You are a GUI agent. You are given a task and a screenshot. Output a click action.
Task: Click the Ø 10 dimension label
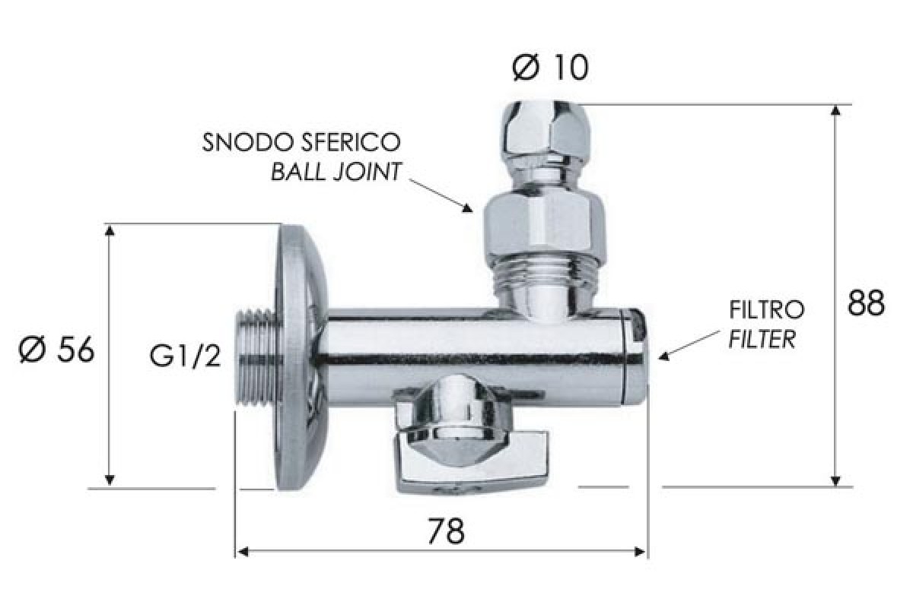[550, 68]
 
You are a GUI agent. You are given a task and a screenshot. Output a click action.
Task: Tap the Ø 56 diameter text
[56, 350]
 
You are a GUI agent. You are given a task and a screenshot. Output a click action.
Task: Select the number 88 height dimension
[866, 303]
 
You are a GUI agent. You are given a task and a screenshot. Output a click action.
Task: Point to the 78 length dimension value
[446, 531]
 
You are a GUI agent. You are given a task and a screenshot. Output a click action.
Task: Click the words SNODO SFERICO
[301, 142]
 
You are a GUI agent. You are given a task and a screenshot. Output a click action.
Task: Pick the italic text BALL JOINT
[336, 172]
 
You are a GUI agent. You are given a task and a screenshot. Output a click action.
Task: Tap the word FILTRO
[767, 310]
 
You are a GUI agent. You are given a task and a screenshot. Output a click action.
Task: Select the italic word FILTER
[762, 340]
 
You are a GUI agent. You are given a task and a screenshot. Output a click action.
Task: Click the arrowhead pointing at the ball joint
[467, 208]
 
